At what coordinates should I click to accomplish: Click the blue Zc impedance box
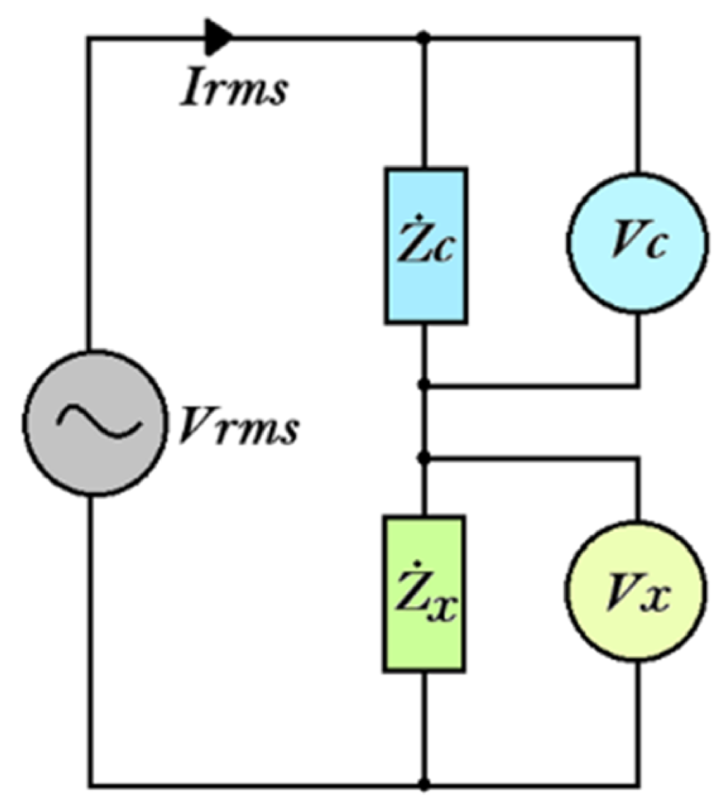(426, 245)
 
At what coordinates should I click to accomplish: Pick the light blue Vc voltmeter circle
(638, 243)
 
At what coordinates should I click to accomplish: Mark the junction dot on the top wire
(425, 36)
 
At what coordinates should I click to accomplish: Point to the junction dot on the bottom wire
(425, 786)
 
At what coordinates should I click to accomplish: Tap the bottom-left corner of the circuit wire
(89, 786)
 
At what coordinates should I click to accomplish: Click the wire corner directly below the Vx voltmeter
(639, 786)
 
